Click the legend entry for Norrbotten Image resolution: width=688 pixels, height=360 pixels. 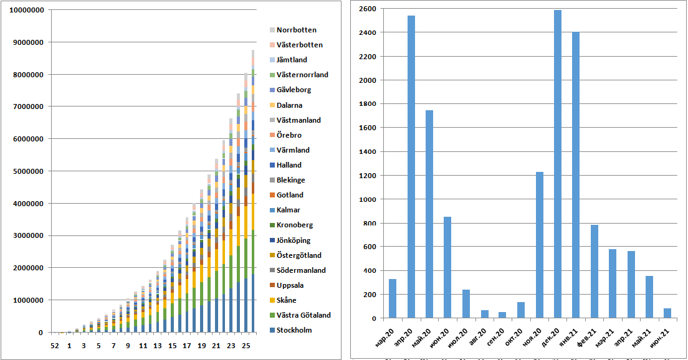coord(296,30)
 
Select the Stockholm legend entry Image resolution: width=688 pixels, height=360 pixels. coord(294,330)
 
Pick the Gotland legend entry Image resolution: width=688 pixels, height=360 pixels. coord(290,195)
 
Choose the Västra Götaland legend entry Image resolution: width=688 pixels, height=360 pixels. coord(303,315)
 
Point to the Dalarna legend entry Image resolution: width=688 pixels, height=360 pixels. coord(290,105)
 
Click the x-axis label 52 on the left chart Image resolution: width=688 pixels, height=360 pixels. coord(54,345)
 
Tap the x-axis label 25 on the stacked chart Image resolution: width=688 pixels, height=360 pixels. coord(246,345)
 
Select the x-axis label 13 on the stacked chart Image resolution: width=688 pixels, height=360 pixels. coord(157,345)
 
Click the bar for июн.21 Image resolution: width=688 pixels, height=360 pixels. coord(667,313)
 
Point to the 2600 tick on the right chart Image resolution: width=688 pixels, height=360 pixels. coord(367,9)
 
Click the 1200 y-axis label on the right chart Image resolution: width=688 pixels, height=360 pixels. coord(367,176)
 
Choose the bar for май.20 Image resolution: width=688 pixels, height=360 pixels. coord(429,214)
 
